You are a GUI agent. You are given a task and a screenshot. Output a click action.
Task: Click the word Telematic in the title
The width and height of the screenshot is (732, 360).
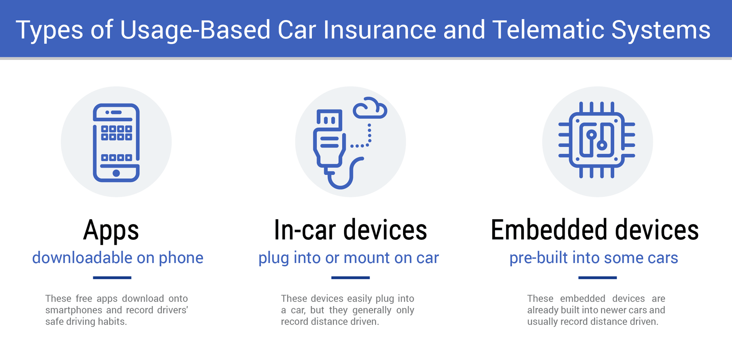pyautogui.click(x=548, y=30)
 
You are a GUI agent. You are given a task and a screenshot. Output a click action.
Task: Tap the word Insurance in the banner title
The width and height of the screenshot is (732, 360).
pyautogui.click(x=380, y=30)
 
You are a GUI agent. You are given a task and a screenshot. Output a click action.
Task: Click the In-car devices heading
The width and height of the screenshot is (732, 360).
pyautogui.click(x=350, y=230)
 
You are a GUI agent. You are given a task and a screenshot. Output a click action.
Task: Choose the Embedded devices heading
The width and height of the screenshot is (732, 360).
pyautogui.click(x=595, y=230)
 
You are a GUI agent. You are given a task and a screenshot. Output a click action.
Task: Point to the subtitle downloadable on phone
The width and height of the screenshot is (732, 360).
pyautogui.click(x=118, y=258)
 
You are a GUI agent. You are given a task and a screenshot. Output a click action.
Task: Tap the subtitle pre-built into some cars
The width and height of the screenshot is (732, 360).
pyautogui.click(x=594, y=258)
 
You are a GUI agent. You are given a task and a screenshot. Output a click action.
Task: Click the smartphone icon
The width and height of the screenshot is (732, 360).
pyautogui.click(x=116, y=142)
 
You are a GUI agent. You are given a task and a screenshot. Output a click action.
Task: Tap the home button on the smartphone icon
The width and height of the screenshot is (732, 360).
pyautogui.click(x=116, y=173)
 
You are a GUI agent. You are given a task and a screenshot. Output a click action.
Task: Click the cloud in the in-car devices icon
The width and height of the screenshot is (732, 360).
pyautogui.click(x=370, y=108)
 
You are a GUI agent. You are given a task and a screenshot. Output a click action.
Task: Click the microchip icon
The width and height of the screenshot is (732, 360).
pyautogui.click(x=597, y=140)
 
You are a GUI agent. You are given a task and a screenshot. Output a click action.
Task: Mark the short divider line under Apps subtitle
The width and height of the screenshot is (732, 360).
pyautogui.click(x=112, y=278)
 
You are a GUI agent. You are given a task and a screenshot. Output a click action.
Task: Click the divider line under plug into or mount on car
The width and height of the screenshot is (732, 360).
pyautogui.click(x=350, y=278)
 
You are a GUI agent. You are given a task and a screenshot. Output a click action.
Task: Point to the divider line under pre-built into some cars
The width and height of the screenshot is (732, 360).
pyautogui.click(x=597, y=278)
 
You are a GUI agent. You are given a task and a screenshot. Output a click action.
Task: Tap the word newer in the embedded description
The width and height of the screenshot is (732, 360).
pyautogui.click(x=599, y=310)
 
